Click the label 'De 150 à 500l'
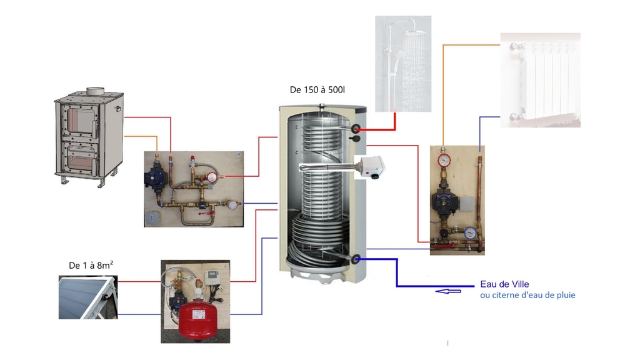[317, 90]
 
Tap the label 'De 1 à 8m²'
[91, 265]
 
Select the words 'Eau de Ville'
[504, 284]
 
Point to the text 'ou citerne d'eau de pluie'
[527, 295]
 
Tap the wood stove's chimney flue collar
[96, 92]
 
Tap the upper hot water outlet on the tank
[356, 129]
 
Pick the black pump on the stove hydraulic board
[155, 177]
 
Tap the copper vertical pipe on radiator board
[479, 194]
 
